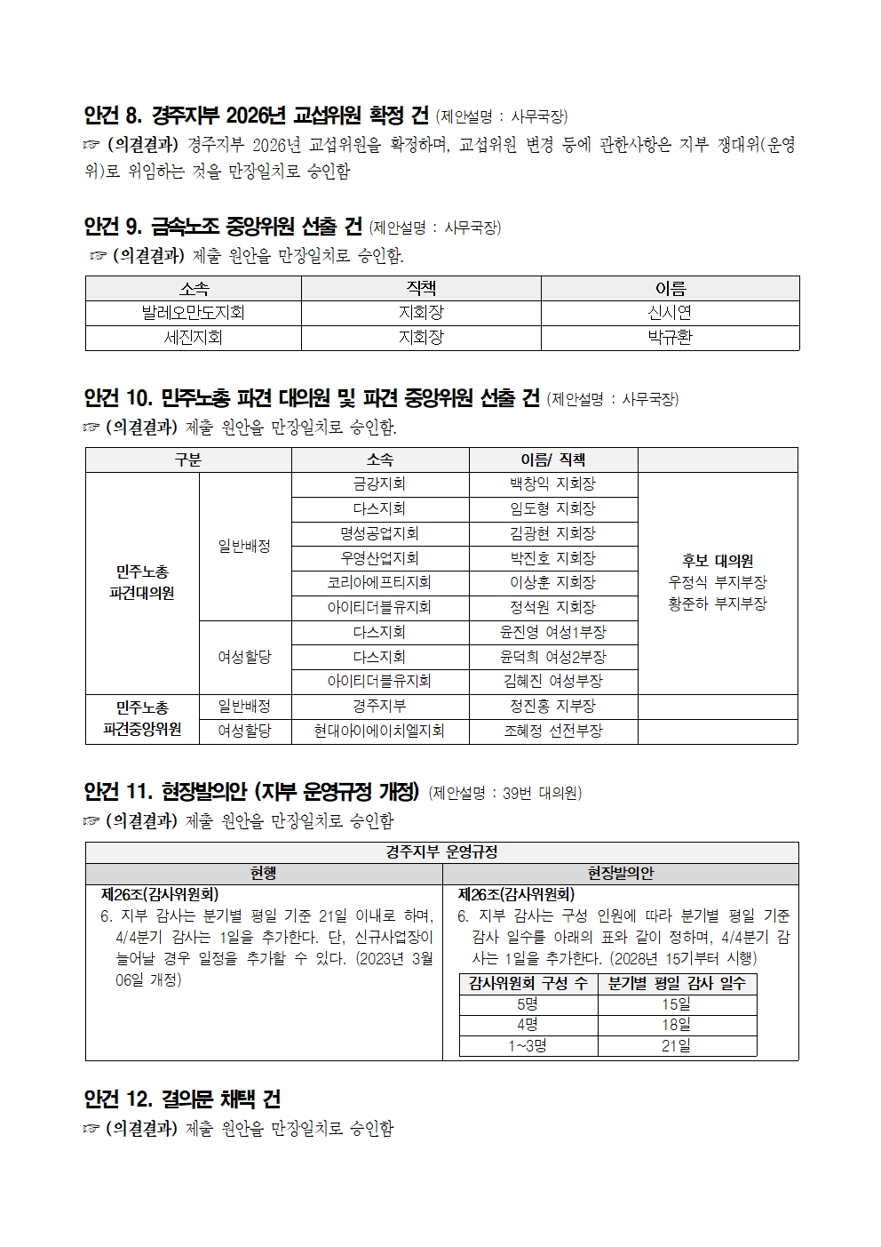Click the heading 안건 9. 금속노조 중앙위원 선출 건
pyautogui.click(x=222, y=227)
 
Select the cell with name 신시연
pyautogui.click(x=670, y=313)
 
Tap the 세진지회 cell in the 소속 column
pyautogui.click(x=193, y=338)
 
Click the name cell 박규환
pyautogui.click(x=670, y=338)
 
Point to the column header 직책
pyautogui.click(x=421, y=289)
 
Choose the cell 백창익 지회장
pyautogui.click(x=552, y=484)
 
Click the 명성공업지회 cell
pyautogui.click(x=379, y=534)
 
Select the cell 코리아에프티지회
pyautogui.click(x=379, y=583)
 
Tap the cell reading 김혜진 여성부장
pyautogui.click(x=552, y=682)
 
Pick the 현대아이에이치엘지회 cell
pyautogui.click(x=379, y=731)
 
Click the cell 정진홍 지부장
pyautogui.click(x=552, y=707)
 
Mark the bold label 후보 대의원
pyautogui.click(x=718, y=561)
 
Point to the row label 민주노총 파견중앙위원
pyautogui.click(x=142, y=718)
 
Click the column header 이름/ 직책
pyautogui.click(x=552, y=460)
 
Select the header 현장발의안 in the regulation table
pyautogui.click(x=620, y=874)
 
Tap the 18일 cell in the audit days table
pyautogui.click(x=677, y=1025)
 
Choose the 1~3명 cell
pyautogui.click(x=528, y=1046)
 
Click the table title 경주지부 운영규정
pyautogui.click(x=441, y=852)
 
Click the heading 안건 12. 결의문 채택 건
pyautogui.click(x=182, y=1099)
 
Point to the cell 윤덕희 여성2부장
pyautogui.click(x=552, y=657)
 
